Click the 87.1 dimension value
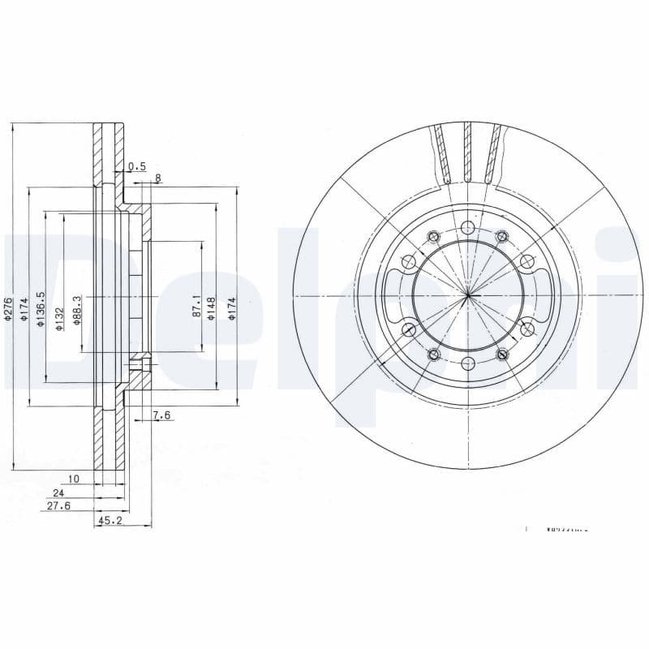click(196, 306)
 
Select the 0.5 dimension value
click(137, 166)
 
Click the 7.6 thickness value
click(161, 415)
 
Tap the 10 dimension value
click(74, 479)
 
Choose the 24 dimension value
click(58, 492)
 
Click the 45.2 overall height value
click(110, 521)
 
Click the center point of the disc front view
click(468, 294)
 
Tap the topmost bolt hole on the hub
click(468, 227)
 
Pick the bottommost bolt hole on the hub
click(468, 363)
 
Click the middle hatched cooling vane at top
click(468, 153)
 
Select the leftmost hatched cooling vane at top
click(442, 154)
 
